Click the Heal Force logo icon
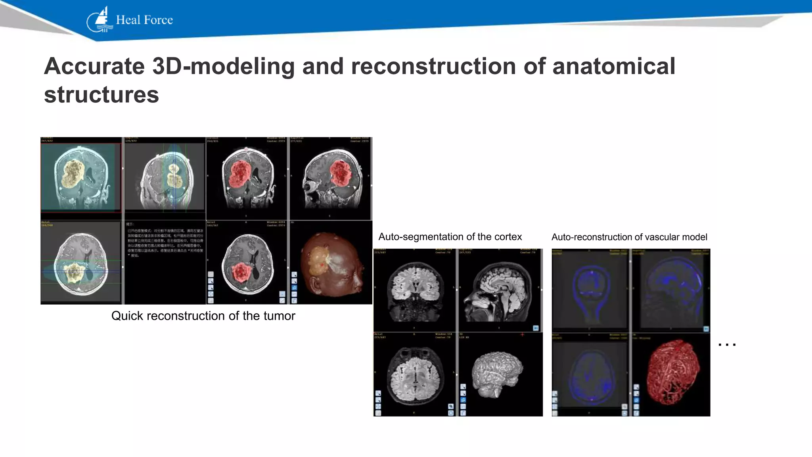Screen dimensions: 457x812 99,20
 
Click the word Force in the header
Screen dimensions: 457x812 159,20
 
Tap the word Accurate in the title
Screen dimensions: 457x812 94,66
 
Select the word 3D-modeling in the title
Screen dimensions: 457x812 223,66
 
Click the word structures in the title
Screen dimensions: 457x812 101,95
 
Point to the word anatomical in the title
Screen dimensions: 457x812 613,66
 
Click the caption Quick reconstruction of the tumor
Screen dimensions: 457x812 203,316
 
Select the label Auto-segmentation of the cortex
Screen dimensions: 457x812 450,237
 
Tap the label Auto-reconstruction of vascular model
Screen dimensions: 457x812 629,237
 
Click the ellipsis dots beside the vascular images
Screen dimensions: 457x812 727,345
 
